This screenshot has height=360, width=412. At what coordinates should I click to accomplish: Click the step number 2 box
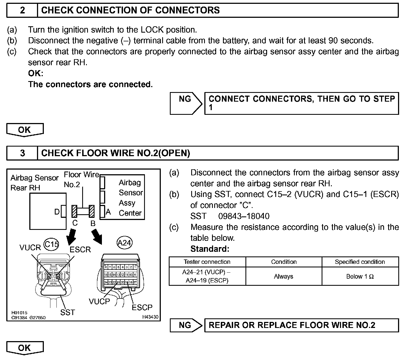click(x=22, y=10)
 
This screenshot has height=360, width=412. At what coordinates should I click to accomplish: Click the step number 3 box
click(x=22, y=153)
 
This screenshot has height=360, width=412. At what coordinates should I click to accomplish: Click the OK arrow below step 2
click(x=25, y=130)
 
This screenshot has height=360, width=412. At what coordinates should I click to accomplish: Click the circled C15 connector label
click(x=51, y=244)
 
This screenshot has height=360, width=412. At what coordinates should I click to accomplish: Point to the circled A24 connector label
click(x=124, y=243)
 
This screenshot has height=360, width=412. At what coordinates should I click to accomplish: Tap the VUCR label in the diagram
click(x=30, y=248)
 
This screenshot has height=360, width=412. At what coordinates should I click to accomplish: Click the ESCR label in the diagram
click(x=80, y=250)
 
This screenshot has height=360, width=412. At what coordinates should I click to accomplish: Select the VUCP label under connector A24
click(x=99, y=301)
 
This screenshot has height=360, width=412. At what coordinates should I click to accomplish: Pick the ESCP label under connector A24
click(x=142, y=307)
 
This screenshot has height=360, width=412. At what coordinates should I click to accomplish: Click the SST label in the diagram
click(x=67, y=312)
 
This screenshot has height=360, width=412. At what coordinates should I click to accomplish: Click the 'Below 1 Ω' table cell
click(x=360, y=276)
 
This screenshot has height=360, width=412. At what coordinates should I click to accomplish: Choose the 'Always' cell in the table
click(x=284, y=276)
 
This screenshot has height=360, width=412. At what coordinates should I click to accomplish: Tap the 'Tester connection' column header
click(x=207, y=262)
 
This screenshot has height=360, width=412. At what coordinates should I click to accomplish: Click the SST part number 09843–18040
click(x=244, y=216)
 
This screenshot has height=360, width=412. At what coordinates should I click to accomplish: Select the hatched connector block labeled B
click(x=92, y=211)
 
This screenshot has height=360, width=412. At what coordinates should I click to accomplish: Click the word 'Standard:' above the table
click(x=210, y=249)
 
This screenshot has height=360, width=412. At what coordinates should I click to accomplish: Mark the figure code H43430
click(x=150, y=317)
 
